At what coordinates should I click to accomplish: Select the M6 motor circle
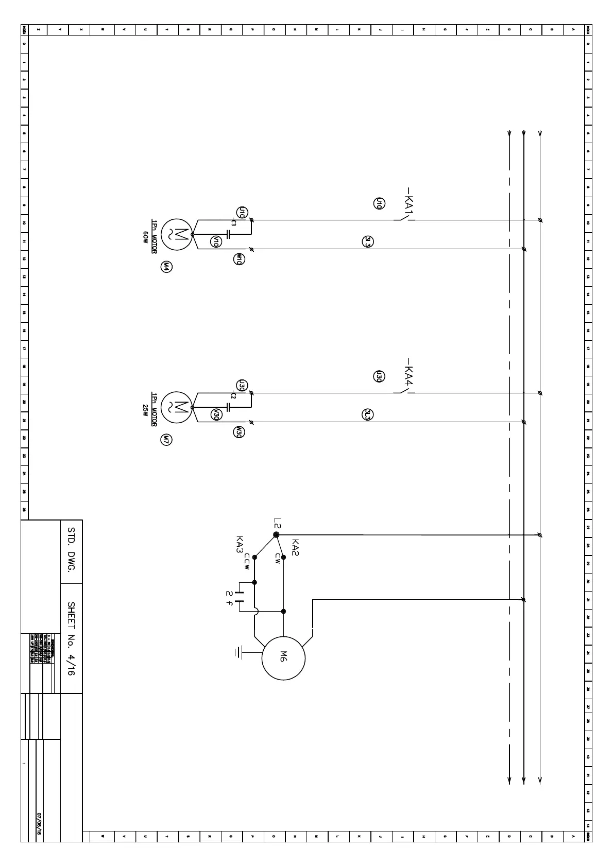click(x=283, y=657)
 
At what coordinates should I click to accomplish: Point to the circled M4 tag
click(x=166, y=267)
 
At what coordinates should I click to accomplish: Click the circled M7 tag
click(x=166, y=440)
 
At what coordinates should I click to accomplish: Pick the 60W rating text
click(x=146, y=237)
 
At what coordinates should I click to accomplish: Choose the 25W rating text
click(x=146, y=410)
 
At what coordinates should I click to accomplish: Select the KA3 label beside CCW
click(x=239, y=545)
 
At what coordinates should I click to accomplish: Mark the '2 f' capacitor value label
click(x=229, y=598)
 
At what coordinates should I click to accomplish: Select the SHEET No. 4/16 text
click(x=72, y=639)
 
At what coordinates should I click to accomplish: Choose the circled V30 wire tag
click(x=216, y=414)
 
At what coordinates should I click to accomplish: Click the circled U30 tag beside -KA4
click(x=379, y=376)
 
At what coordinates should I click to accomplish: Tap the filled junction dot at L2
click(x=276, y=535)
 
